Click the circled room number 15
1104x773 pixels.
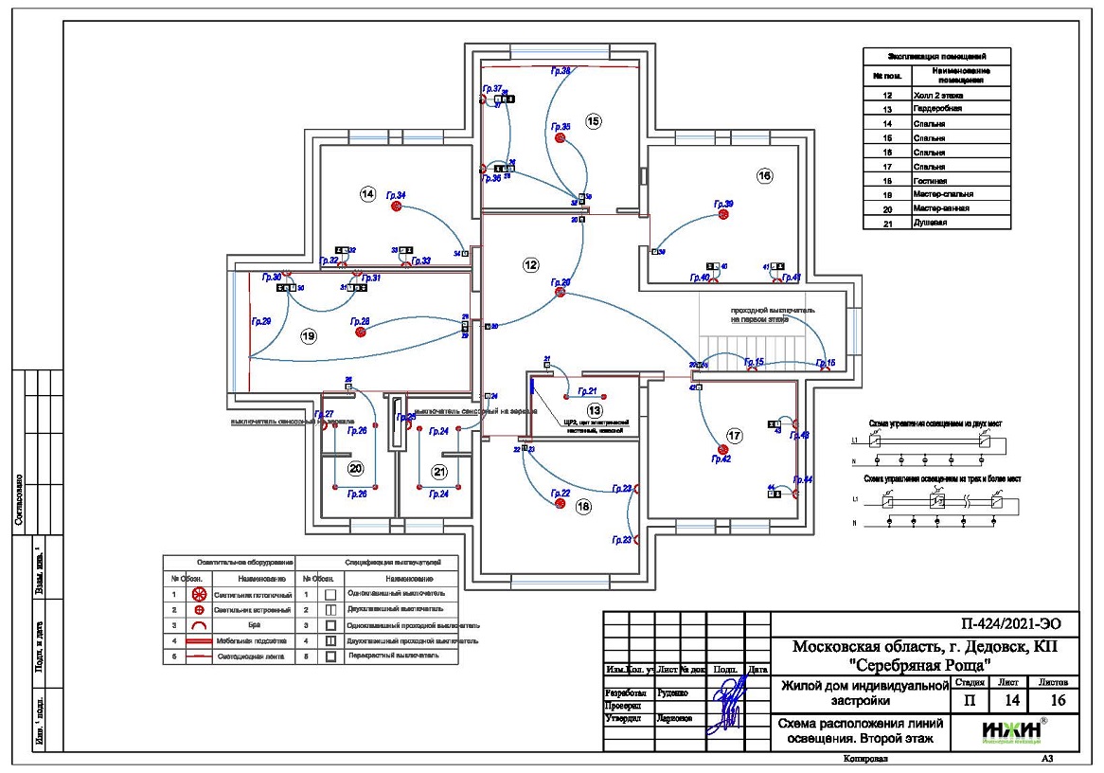pos(594,121)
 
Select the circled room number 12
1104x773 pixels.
pos(530,266)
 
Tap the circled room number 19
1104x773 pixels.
pos(307,335)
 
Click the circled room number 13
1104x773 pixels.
pos(594,410)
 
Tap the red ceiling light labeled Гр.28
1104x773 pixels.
pos(360,332)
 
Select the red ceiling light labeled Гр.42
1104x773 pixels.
pos(721,450)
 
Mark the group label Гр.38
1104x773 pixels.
pos(561,71)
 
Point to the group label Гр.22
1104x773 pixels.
pos(559,493)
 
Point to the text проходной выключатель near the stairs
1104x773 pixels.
pos(773,310)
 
